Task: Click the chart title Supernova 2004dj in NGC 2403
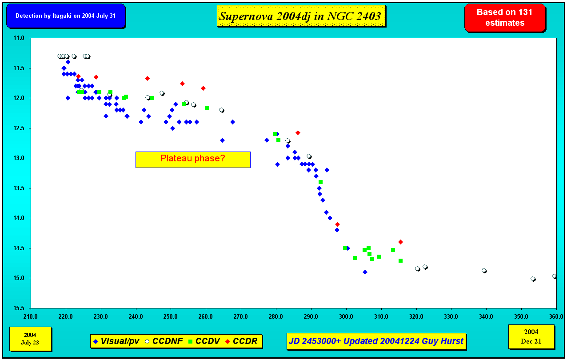tap(301, 16)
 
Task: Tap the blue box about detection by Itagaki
tap(66, 16)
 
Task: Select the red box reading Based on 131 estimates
tap(505, 18)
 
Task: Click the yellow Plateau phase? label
tap(193, 160)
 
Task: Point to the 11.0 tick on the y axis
tap(19, 38)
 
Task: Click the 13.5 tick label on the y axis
tap(19, 188)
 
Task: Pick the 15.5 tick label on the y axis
tap(19, 308)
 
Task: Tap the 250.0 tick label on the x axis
tap(171, 316)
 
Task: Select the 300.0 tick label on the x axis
tap(346, 316)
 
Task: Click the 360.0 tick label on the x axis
tap(556, 316)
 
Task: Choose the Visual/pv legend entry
tap(117, 341)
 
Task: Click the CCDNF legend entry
tap(164, 341)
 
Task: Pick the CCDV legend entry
tap(204, 341)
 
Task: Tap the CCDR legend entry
tap(241, 341)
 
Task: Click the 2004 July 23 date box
tap(30, 339)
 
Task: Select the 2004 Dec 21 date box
tap(531, 337)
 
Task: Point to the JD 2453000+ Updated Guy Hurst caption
tap(376, 341)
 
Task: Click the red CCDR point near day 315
tap(400, 242)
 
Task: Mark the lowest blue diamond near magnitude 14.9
tap(365, 272)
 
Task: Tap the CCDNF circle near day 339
tap(484, 271)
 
